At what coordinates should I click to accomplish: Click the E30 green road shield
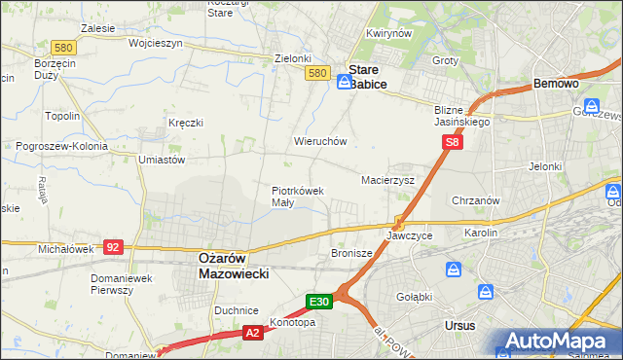[320, 302]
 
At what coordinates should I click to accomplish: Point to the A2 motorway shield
[251, 334]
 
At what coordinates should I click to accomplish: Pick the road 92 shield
[112, 247]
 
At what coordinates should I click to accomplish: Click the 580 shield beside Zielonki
[315, 73]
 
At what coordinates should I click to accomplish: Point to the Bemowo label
[557, 85]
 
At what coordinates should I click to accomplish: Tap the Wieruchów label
[320, 141]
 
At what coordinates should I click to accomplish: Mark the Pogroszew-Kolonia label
[59, 146]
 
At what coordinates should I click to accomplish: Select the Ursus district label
[458, 325]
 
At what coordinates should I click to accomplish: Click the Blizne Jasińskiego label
[461, 117]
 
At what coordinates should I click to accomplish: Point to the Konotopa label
[291, 322]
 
